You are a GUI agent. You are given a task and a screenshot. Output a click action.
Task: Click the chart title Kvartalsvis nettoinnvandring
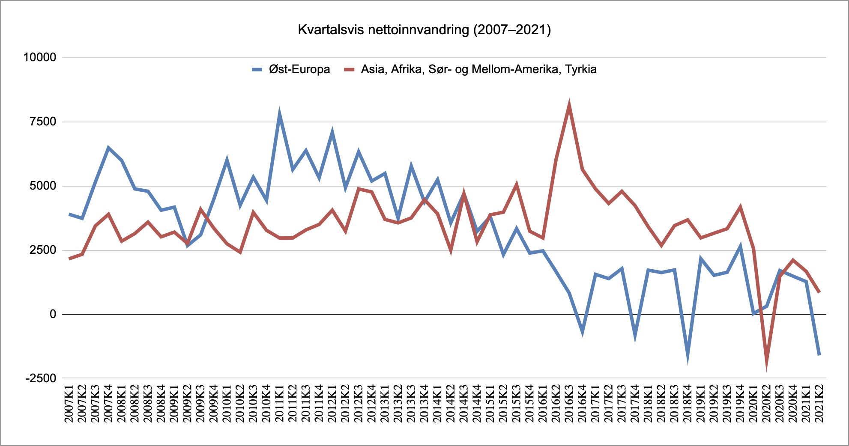[424, 30]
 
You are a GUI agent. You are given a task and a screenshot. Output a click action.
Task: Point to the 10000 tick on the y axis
[40, 57]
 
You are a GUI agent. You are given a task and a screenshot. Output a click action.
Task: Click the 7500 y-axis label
[43, 122]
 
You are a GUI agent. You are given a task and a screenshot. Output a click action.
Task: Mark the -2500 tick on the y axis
[41, 378]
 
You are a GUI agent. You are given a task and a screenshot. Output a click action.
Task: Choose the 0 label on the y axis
[53, 314]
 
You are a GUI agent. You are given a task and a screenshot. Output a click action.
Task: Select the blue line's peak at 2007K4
[108, 148]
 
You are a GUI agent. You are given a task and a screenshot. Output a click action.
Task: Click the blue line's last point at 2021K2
[819, 354]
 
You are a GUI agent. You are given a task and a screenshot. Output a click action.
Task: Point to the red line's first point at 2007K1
[69, 259]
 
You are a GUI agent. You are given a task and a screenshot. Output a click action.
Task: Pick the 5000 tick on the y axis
[43, 186]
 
